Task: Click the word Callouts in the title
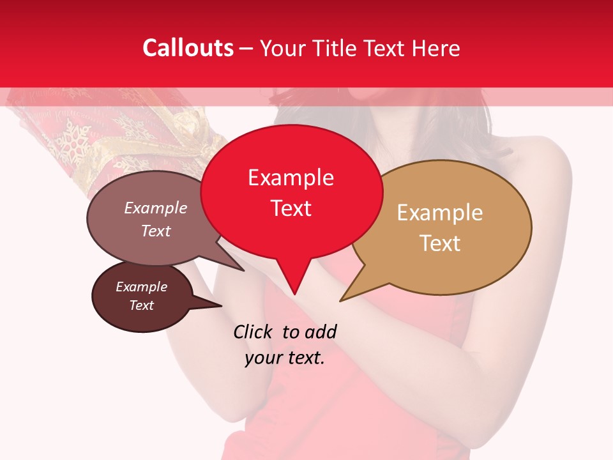click(x=188, y=48)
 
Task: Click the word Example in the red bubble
click(x=291, y=178)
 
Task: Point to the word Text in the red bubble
click(x=291, y=208)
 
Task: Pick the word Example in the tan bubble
click(x=440, y=213)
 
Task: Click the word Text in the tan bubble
click(x=440, y=243)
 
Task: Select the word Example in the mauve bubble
click(x=156, y=208)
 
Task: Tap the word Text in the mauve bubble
click(x=156, y=231)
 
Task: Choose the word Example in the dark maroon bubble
click(x=142, y=287)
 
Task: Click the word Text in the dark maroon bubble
click(x=142, y=305)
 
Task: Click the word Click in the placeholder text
click(x=254, y=332)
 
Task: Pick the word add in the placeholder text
click(x=320, y=332)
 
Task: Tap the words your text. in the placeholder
click(x=285, y=358)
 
